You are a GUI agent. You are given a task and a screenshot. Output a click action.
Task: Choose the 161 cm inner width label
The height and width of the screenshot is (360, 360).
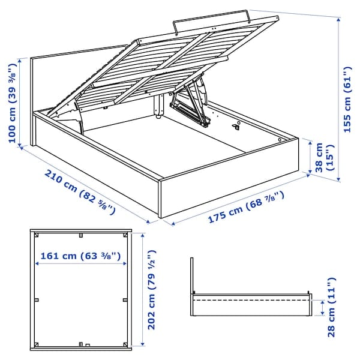tap(80, 256)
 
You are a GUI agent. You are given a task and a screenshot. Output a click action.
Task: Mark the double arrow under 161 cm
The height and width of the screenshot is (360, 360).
tap(80, 265)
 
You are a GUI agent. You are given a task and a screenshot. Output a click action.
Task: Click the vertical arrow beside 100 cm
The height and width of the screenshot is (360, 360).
tap(23, 102)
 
